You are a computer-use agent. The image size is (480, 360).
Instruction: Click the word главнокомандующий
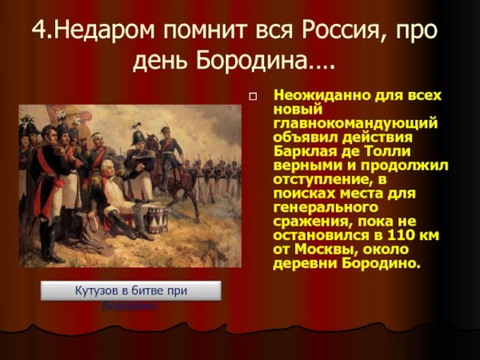pyautogui.click(x=354, y=122)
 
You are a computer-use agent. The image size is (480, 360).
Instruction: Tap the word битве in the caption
pyautogui.click(x=147, y=290)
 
